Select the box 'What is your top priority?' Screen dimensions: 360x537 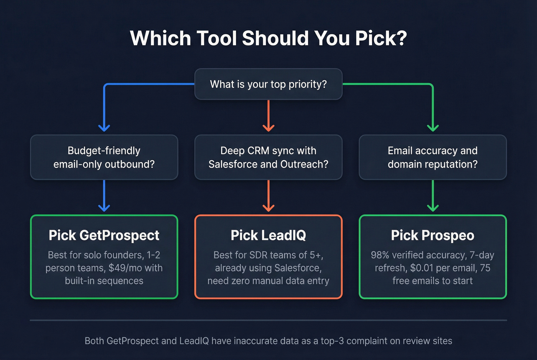[x=268, y=84]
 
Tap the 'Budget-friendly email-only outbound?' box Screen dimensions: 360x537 [x=104, y=157]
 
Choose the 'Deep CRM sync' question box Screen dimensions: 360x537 [x=268, y=157]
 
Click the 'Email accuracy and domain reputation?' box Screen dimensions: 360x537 [x=433, y=157]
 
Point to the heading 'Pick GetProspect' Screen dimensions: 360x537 [x=104, y=235]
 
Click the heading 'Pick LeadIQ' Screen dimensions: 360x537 [x=268, y=235]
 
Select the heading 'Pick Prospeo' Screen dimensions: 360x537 [x=433, y=235]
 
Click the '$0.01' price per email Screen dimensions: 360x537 [x=422, y=268]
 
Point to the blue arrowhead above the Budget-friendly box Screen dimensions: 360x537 [x=104, y=128]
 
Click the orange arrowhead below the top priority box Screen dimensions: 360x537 [x=268, y=128]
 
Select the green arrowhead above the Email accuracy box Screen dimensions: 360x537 [x=433, y=128]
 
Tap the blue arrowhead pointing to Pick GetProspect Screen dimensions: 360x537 [x=104, y=208]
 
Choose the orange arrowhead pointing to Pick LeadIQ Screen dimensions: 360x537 [x=268, y=208]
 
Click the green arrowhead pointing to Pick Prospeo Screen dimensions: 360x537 [x=433, y=208]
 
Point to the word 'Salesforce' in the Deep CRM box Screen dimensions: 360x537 [x=233, y=164]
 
